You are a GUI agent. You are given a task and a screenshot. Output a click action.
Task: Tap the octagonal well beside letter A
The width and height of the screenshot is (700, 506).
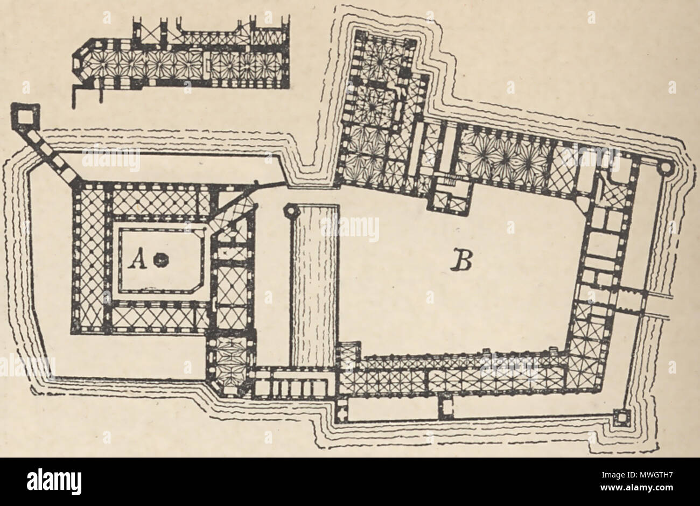(x=159, y=260)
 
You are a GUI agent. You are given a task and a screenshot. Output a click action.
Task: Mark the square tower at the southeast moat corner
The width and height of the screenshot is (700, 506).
(x=620, y=418)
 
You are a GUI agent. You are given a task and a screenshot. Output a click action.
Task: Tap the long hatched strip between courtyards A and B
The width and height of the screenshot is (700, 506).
(x=314, y=285)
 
